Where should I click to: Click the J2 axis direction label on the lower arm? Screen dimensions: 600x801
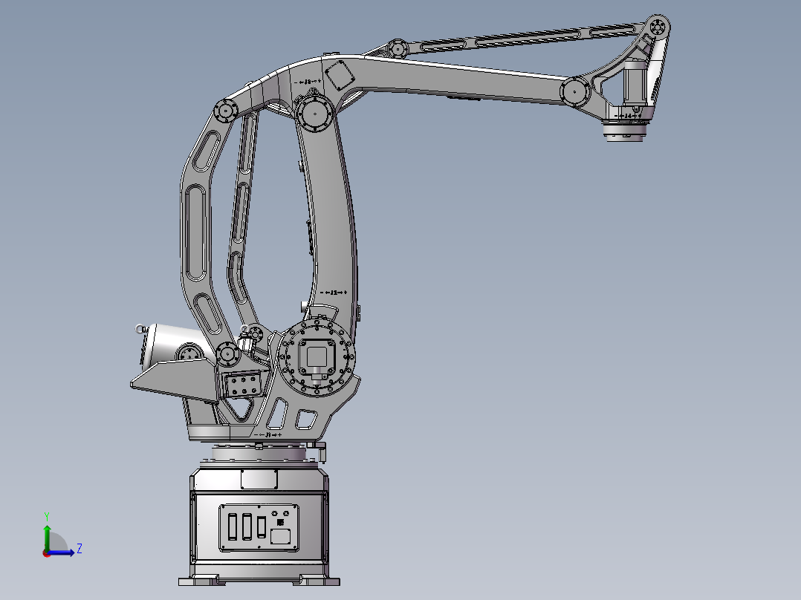click(x=334, y=293)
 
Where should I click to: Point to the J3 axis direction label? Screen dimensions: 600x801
click(x=306, y=81)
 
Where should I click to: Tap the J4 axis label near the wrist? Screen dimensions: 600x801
click(x=629, y=117)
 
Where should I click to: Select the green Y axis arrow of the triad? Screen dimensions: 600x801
click(x=47, y=533)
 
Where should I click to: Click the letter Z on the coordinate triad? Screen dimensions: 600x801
click(x=79, y=549)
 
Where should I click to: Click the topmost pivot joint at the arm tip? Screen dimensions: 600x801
click(x=657, y=27)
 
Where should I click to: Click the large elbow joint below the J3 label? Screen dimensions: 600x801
click(x=315, y=114)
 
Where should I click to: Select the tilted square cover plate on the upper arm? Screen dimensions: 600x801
click(x=339, y=75)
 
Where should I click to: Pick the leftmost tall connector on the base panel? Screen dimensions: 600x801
click(x=233, y=526)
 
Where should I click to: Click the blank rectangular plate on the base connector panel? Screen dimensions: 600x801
click(x=280, y=536)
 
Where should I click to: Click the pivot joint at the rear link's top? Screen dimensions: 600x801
click(x=224, y=111)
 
